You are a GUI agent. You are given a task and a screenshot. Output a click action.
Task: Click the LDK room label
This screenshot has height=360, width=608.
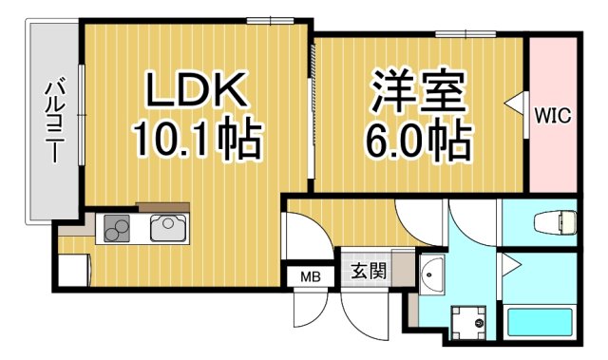[x=196, y=91]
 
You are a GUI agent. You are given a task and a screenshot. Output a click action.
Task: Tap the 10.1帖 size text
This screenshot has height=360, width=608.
[x=196, y=141]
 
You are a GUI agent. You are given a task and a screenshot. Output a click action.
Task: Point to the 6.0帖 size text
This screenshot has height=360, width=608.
[x=418, y=142]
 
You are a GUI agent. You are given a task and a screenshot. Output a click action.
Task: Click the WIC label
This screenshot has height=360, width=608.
[x=552, y=116]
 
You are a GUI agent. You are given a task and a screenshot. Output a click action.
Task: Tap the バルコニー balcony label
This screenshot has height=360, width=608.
[x=52, y=122]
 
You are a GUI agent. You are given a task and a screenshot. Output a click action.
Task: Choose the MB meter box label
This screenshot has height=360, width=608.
[x=311, y=276]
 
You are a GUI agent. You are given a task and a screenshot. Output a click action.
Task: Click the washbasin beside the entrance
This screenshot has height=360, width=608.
[x=431, y=275]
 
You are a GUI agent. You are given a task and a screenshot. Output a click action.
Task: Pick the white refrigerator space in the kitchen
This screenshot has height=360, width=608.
[x=72, y=270]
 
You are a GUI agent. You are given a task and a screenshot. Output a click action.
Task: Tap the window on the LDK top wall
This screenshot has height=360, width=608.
[x=266, y=19]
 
